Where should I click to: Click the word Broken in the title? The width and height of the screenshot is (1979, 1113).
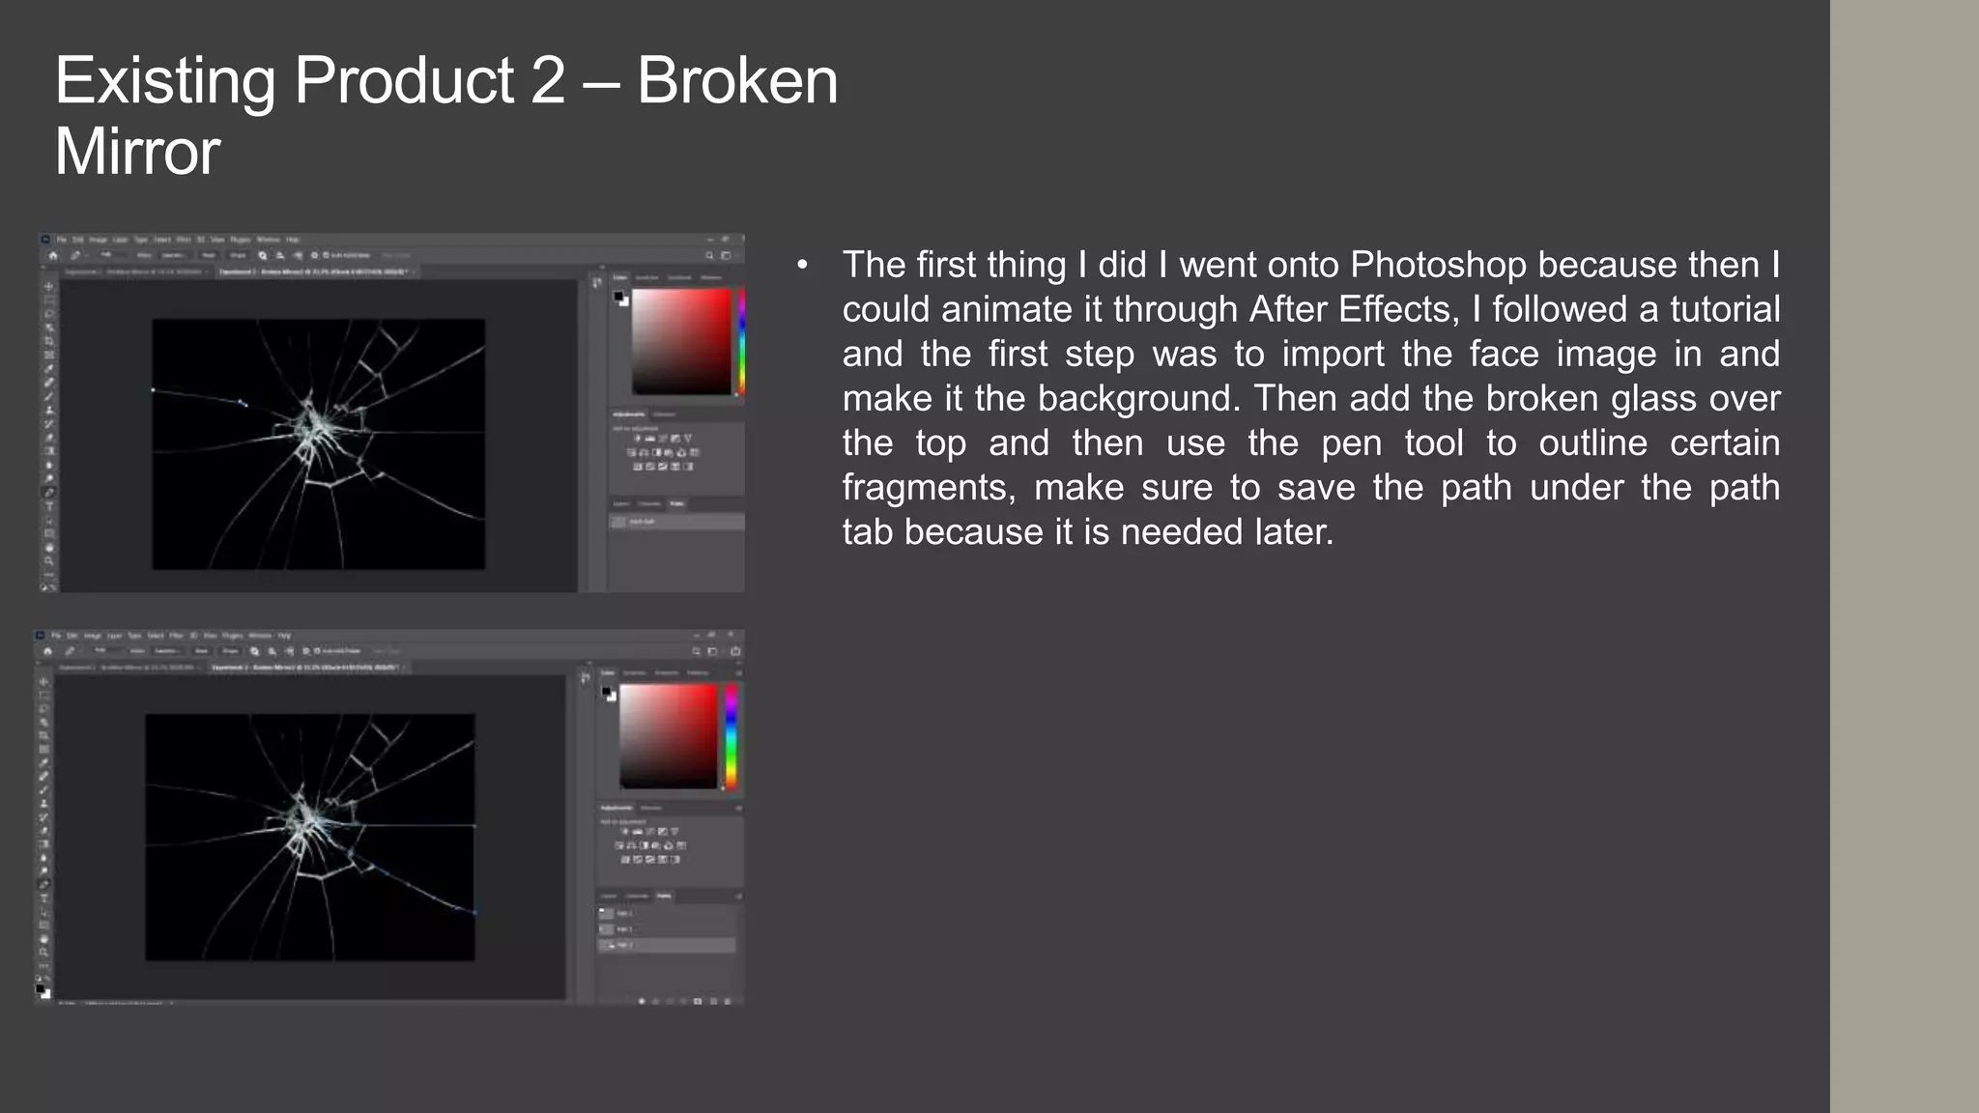(736, 81)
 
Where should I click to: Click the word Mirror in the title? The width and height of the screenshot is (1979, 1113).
(137, 153)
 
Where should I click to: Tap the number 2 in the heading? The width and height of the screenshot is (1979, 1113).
(547, 81)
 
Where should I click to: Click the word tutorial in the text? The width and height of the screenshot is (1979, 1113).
(1724, 309)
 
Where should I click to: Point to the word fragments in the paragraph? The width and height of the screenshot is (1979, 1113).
(929, 487)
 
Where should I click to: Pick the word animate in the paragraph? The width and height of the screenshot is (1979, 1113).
(1017, 309)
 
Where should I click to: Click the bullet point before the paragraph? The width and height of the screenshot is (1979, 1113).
(802, 265)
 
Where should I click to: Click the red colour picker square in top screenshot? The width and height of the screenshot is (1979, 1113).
(682, 341)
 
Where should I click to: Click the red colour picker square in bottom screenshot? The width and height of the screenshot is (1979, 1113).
(669, 736)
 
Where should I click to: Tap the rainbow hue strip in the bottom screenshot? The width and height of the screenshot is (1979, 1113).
(731, 736)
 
